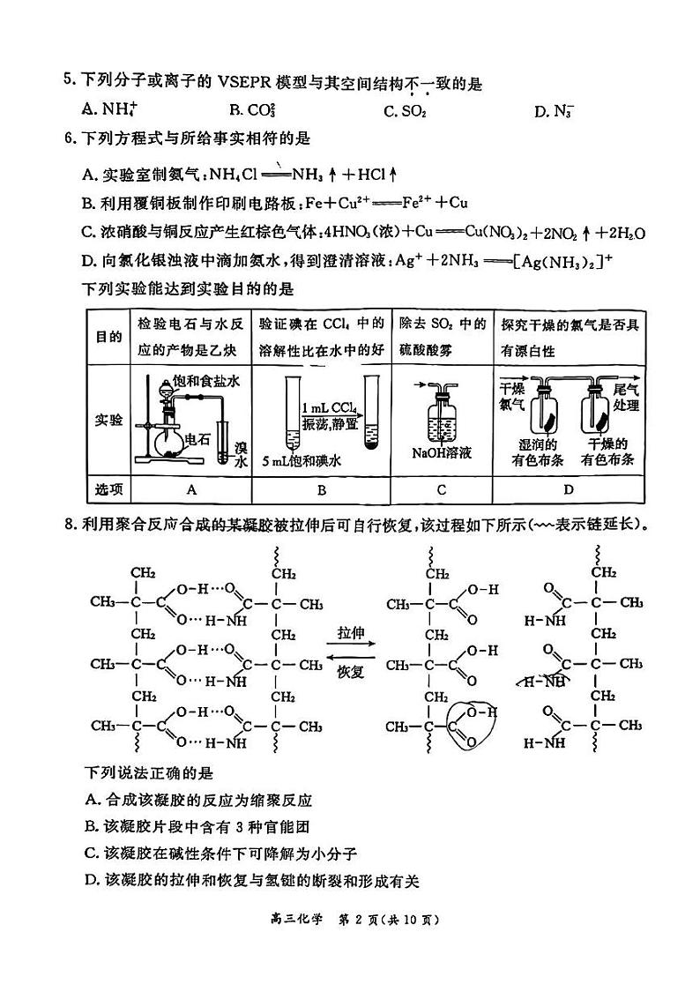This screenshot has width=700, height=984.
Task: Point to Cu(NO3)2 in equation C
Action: pos(493,233)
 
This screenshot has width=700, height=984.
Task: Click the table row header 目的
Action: pos(108,337)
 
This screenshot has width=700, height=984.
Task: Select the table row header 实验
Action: pos(108,421)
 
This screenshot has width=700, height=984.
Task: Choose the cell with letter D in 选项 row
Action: pos(569,489)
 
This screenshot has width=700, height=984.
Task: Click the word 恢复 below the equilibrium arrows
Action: pos(350,672)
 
